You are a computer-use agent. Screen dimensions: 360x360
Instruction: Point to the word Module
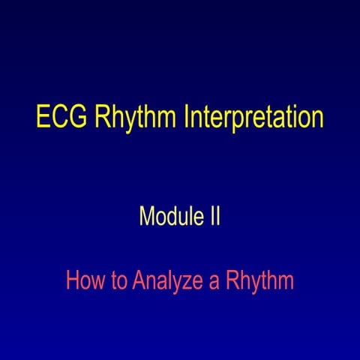pos(166,217)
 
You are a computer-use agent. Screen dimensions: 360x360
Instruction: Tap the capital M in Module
pos(146,217)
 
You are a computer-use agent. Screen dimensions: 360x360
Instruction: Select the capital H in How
pos(72,281)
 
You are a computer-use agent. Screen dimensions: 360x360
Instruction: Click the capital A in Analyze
pos(138,281)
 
